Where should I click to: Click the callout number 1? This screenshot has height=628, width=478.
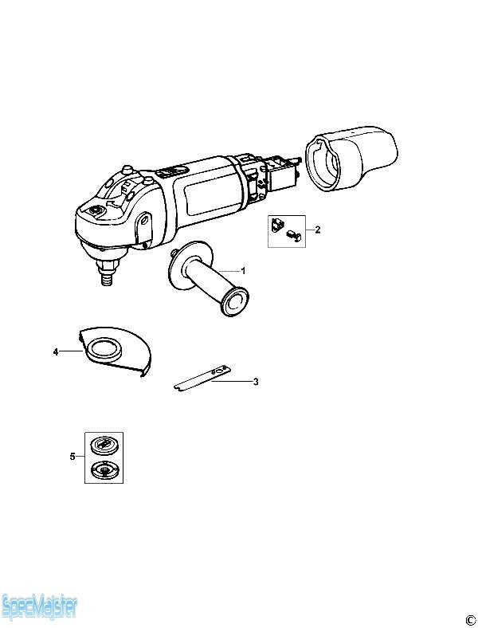pyautogui.click(x=243, y=271)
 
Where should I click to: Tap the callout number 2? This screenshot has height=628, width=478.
pyautogui.click(x=318, y=230)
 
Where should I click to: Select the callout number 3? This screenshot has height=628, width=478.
pyautogui.click(x=256, y=382)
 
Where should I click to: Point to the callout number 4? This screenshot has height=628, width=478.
pyautogui.click(x=56, y=352)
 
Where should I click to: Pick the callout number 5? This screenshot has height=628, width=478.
pyautogui.click(x=72, y=456)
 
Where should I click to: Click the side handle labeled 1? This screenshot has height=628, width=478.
pyautogui.click(x=204, y=277)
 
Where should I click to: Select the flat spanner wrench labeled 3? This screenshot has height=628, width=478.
pyautogui.click(x=202, y=378)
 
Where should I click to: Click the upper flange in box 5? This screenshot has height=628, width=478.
pyautogui.click(x=104, y=445)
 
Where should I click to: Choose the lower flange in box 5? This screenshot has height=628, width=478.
pyautogui.click(x=104, y=469)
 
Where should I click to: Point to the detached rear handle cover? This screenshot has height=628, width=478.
pyautogui.click(x=351, y=158)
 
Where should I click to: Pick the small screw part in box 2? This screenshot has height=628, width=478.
pyautogui.click(x=294, y=236)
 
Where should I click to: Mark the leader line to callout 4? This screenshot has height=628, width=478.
pyautogui.click(x=72, y=351)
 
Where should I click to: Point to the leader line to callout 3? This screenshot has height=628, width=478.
pyautogui.click(x=231, y=382)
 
